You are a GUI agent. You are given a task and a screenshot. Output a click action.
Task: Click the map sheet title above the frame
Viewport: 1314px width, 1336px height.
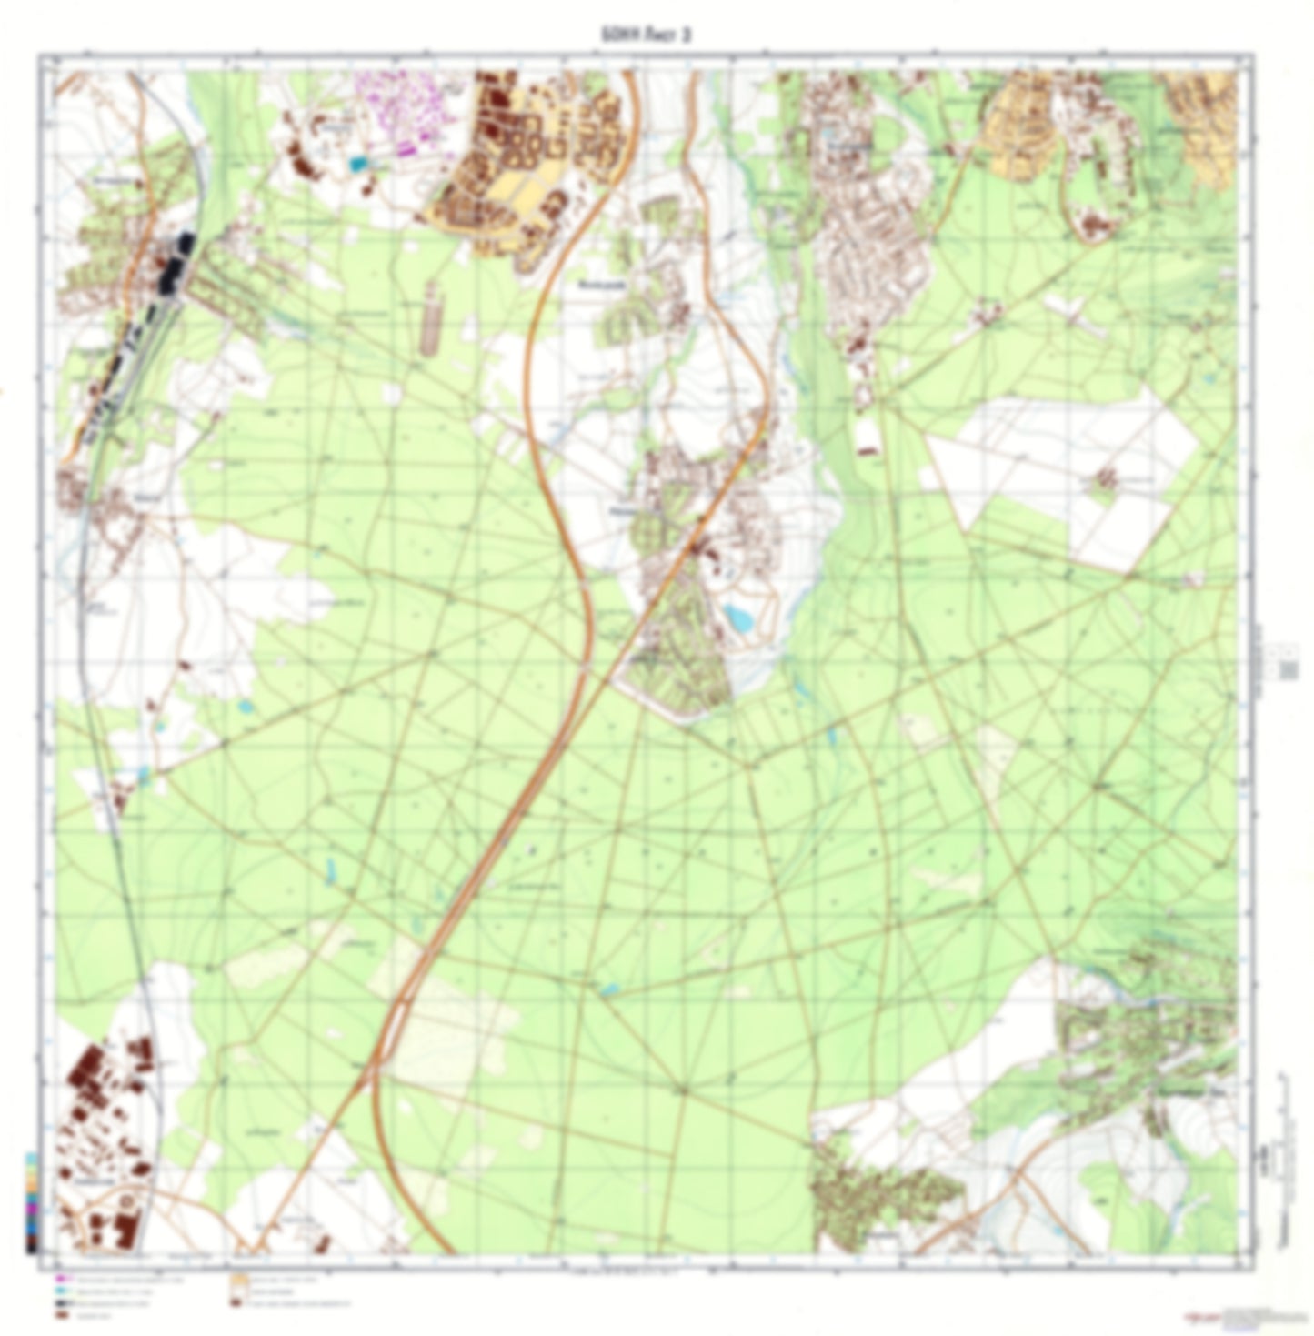[x=657, y=35]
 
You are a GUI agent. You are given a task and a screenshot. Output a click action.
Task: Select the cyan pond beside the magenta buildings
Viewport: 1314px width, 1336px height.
[x=357, y=164]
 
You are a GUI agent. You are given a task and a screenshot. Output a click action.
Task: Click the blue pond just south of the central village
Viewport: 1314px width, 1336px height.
[x=738, y=618]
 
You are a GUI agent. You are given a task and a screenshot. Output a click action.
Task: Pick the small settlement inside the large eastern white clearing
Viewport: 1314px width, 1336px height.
[x=1107, y=476]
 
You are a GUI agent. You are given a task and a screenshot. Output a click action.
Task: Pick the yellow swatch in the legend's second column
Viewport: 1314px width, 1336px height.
[x=237, y=1279]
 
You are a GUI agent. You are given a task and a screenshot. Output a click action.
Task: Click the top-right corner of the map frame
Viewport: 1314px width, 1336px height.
[x=1254, y=55]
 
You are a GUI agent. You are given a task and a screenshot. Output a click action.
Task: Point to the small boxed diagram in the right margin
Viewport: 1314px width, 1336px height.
[x=1288, y=669]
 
